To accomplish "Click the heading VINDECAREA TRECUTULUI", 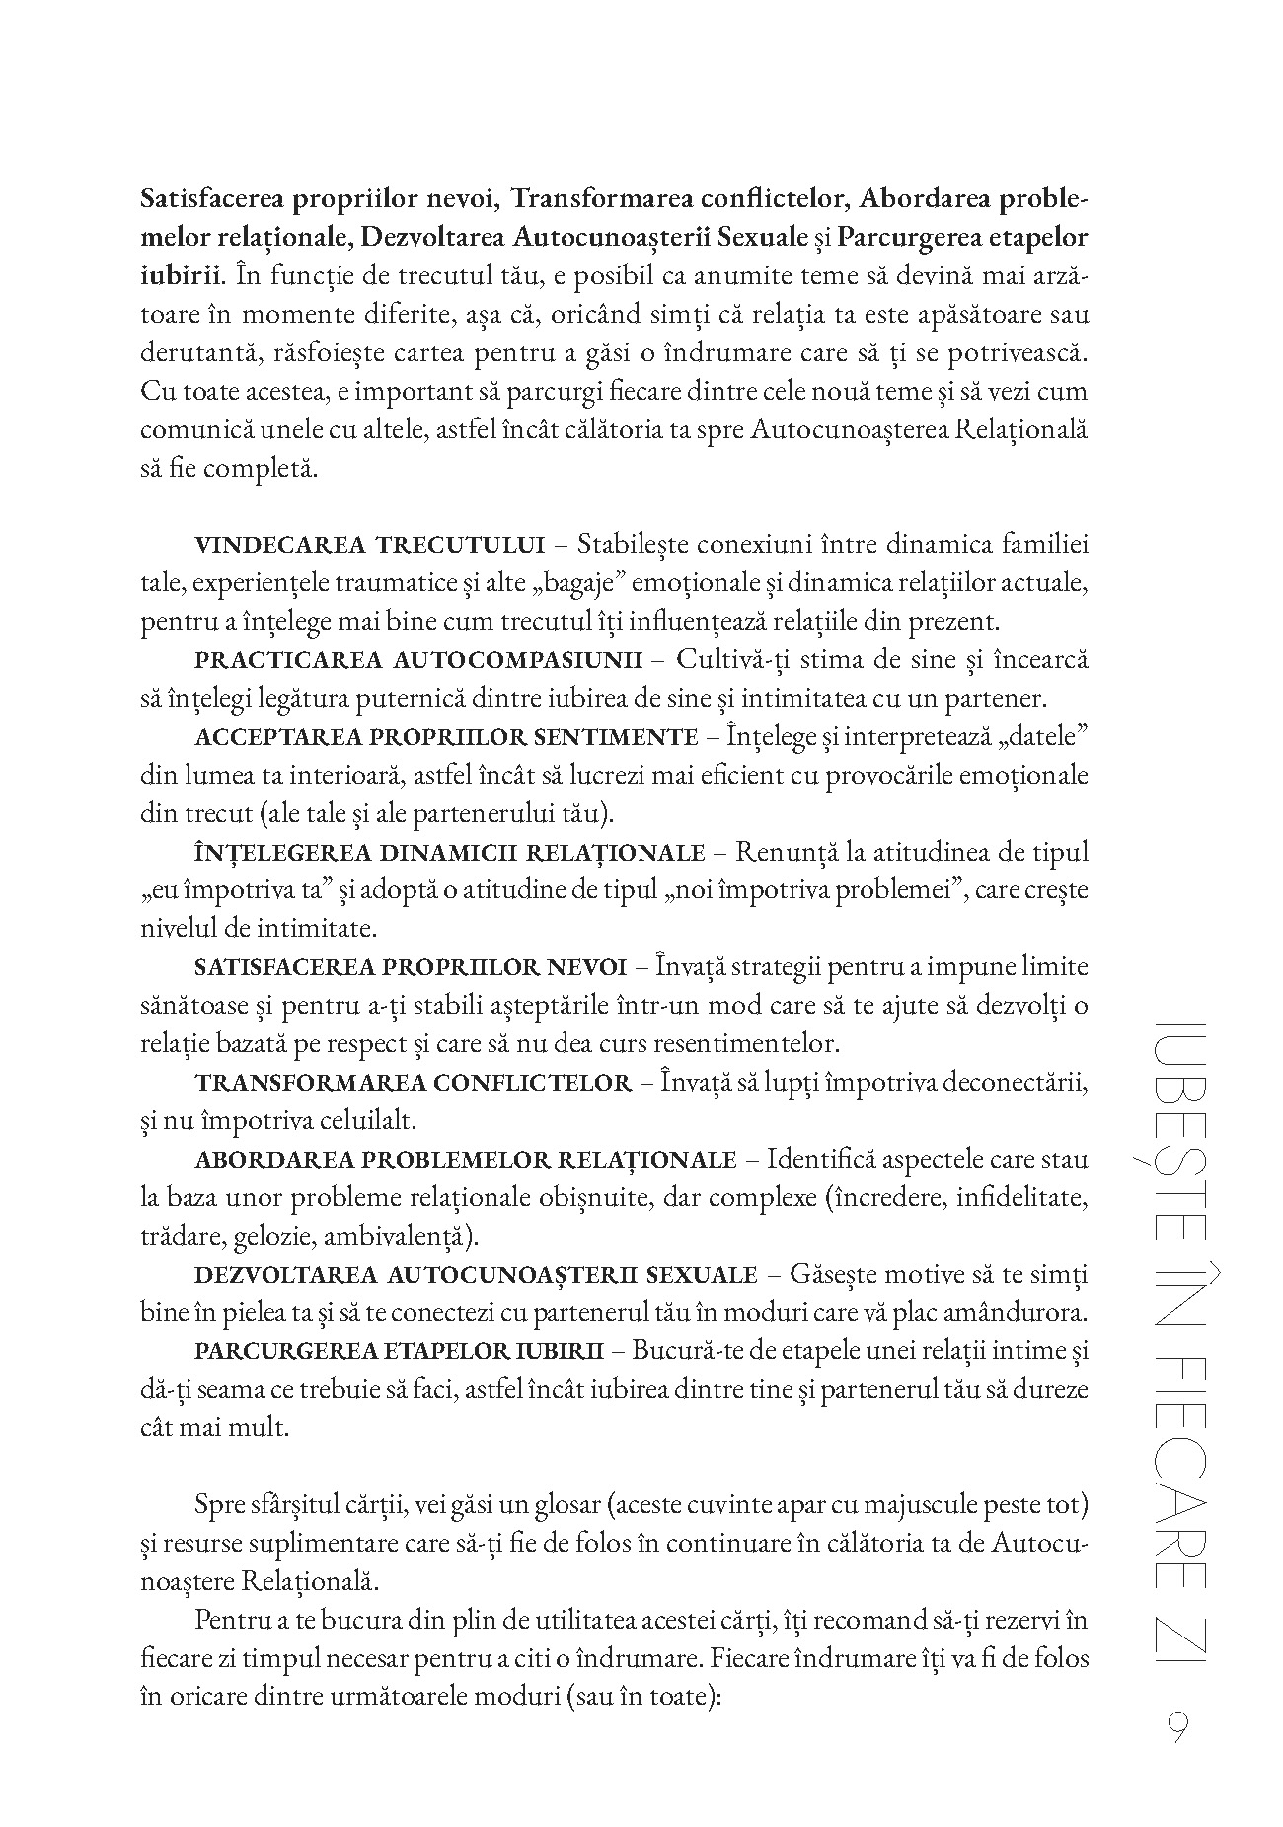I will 370,545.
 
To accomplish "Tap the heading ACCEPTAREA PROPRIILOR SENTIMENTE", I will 447,736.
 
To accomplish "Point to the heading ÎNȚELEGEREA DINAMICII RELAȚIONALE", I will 450,852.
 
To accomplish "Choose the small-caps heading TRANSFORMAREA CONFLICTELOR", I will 414,1083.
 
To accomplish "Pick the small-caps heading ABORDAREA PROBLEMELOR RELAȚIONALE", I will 466,1159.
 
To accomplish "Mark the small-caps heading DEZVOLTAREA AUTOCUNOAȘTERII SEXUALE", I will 476,1275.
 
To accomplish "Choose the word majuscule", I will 925,1506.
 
